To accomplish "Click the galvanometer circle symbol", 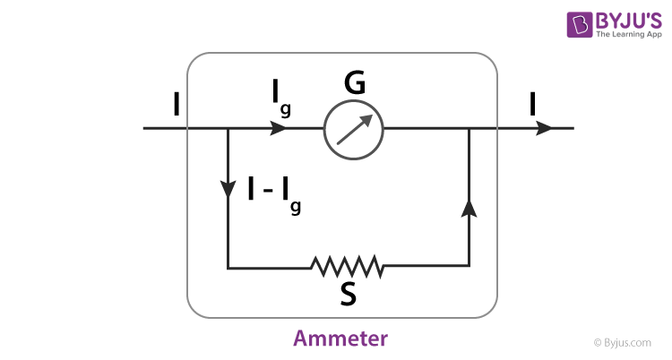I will (x=353, y=128).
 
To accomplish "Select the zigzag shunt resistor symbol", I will (x=348, y=266).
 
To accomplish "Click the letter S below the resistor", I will (x=349, y=295).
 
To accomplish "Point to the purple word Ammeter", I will (x=340, y=339).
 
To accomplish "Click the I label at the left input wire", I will (x=177, y=106).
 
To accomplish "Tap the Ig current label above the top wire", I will (x=281, y=97).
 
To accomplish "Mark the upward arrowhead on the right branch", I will (x=468, y=208).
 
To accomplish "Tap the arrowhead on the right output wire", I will (x=544, y=128).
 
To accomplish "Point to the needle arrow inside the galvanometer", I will (x=354, y=128).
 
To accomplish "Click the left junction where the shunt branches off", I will (x=228, y=128).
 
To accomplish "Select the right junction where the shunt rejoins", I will (x=468, y=128).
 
